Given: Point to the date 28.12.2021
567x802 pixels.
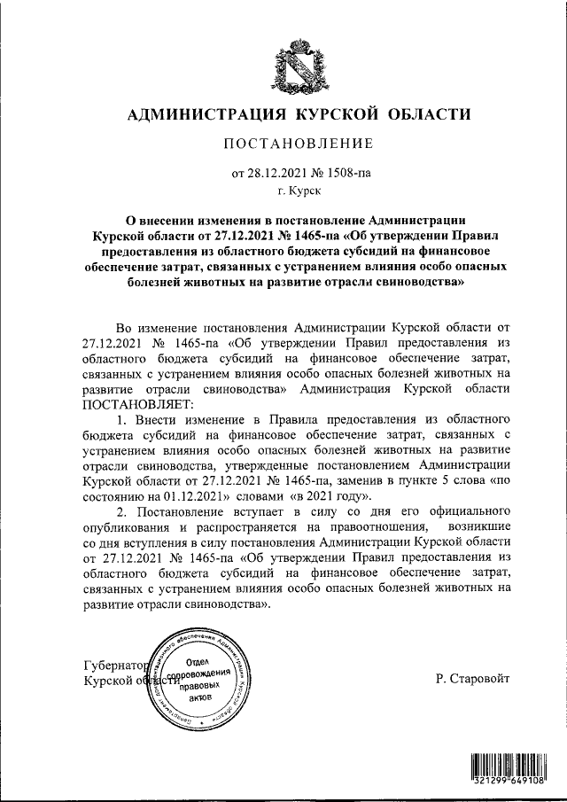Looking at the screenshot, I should (275, 173).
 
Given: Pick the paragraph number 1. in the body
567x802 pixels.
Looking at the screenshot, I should (122, 417).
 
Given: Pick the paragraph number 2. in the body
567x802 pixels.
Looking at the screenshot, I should (122, 512).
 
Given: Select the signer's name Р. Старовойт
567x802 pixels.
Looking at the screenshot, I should (475, 680).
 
